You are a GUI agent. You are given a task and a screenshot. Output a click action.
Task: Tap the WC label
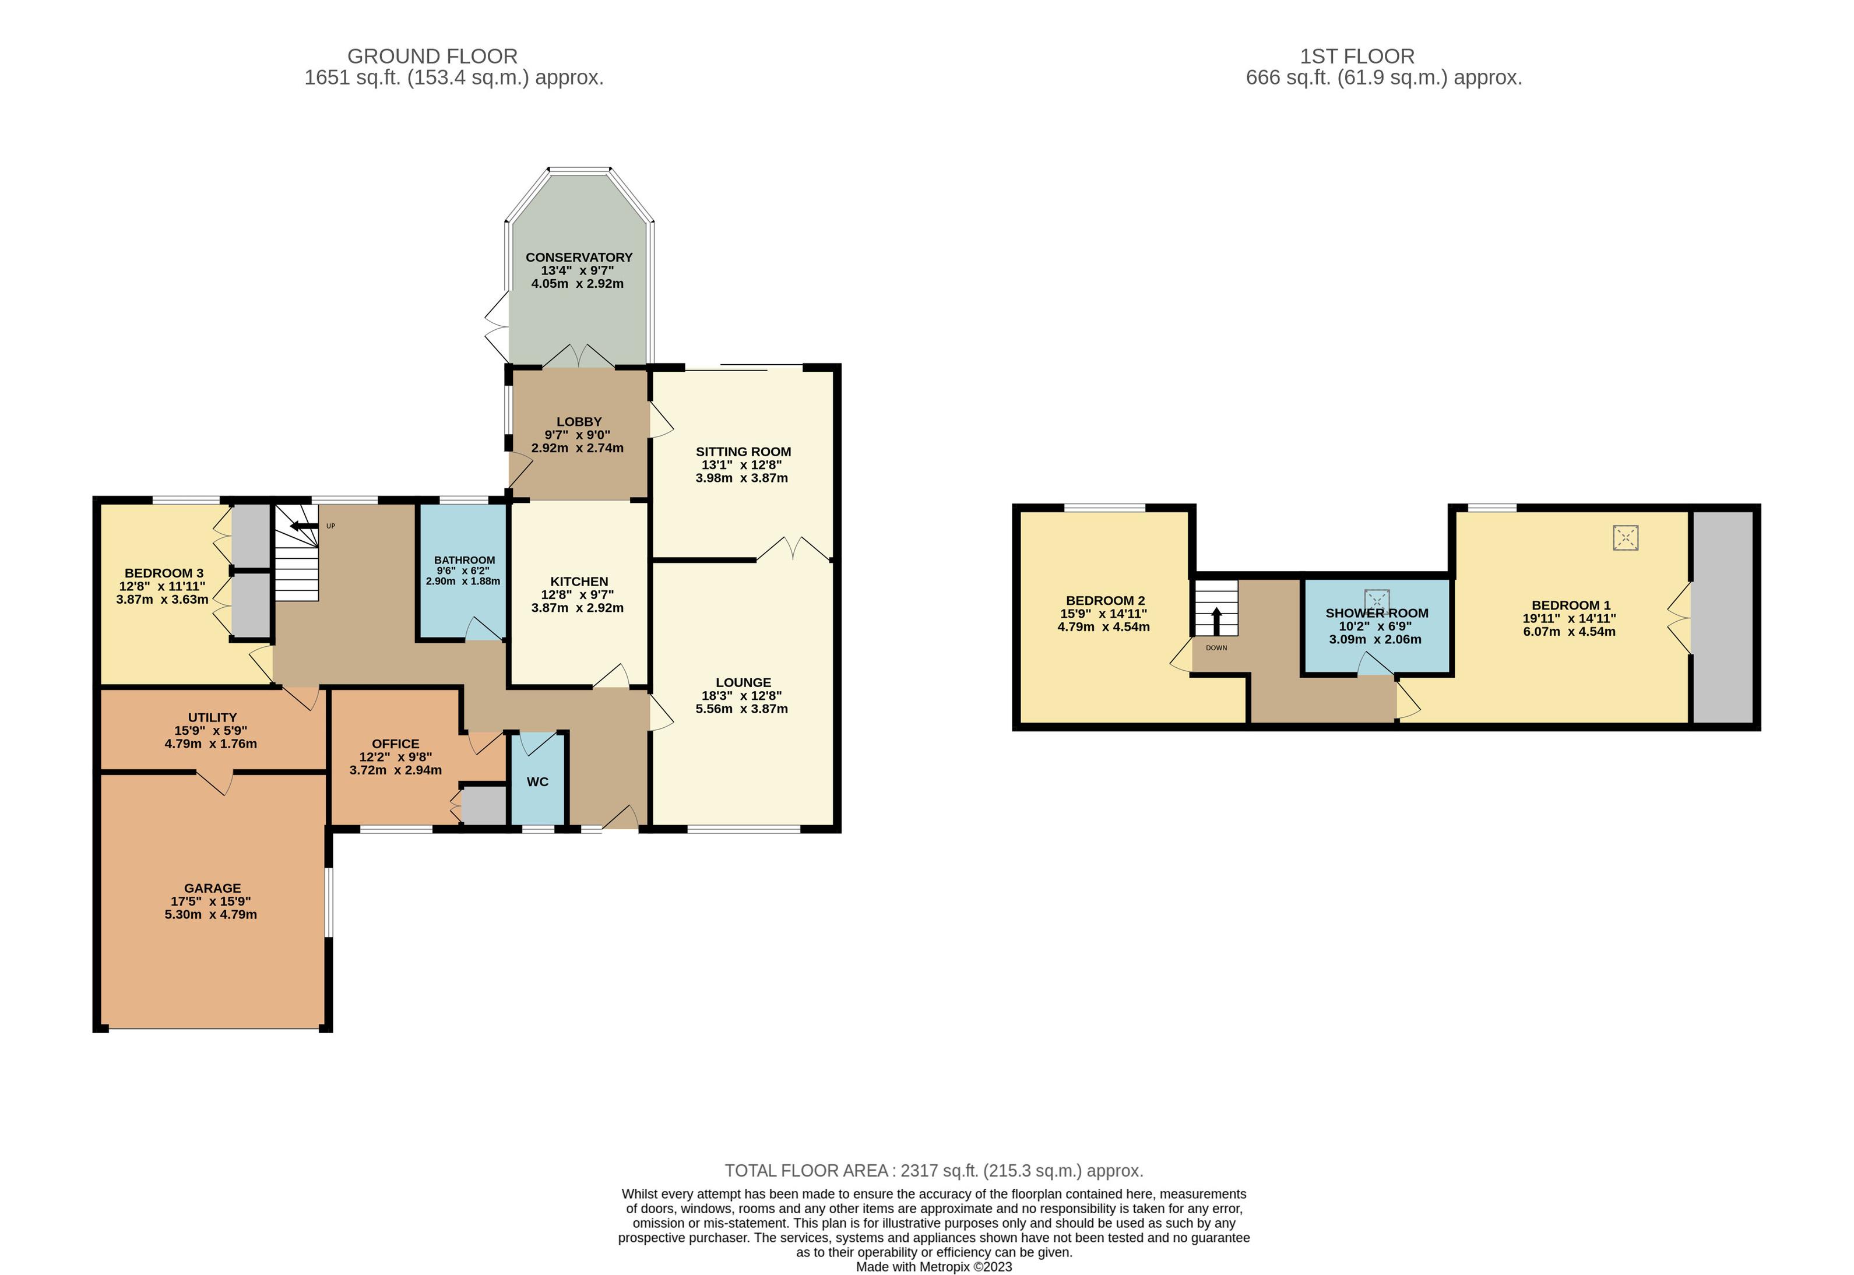(537, 781)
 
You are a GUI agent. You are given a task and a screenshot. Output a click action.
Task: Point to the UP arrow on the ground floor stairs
(304, 526)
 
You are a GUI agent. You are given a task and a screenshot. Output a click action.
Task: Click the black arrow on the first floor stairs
(1216, 621)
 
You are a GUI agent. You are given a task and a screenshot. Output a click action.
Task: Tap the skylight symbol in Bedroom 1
(1625, 538)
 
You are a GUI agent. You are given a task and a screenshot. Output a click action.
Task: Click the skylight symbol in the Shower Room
(1376, 601)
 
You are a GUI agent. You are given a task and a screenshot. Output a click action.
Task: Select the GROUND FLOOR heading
(432, 56)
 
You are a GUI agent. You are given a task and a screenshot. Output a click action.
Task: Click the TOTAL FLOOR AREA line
(933, 1170)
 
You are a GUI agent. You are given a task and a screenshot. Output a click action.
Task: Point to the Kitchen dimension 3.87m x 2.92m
(578, 607)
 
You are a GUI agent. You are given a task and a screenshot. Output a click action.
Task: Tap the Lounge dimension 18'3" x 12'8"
(741, 695)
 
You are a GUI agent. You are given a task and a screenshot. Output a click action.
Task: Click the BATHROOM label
(464, 560)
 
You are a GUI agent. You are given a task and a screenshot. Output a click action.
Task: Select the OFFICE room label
(395, 744)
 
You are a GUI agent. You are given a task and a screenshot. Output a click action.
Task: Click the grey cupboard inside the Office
(484, 806)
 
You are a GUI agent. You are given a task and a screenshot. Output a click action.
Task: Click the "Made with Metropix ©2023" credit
(934, 1266)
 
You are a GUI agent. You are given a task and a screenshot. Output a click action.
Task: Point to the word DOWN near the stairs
(1216, 648)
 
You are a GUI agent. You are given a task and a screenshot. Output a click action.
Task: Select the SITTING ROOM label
(743, 452)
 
